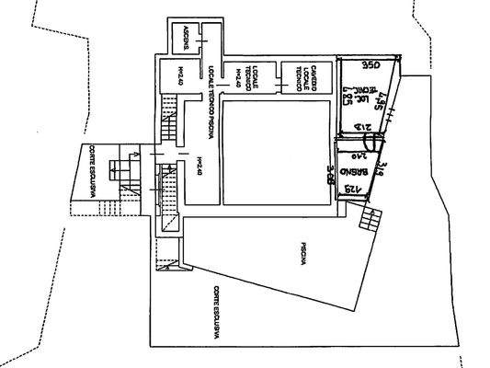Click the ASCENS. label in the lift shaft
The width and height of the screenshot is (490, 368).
(x=187, y=38)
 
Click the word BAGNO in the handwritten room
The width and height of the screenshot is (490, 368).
(x=354, y=173)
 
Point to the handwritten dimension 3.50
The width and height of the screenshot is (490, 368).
(x=370, y=66)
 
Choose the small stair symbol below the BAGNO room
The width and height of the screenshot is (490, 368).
(x=370, y=219)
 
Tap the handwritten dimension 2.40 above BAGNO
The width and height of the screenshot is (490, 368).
(x=352, y=157)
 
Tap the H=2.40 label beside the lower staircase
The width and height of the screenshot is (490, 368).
(x=199, y=166)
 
